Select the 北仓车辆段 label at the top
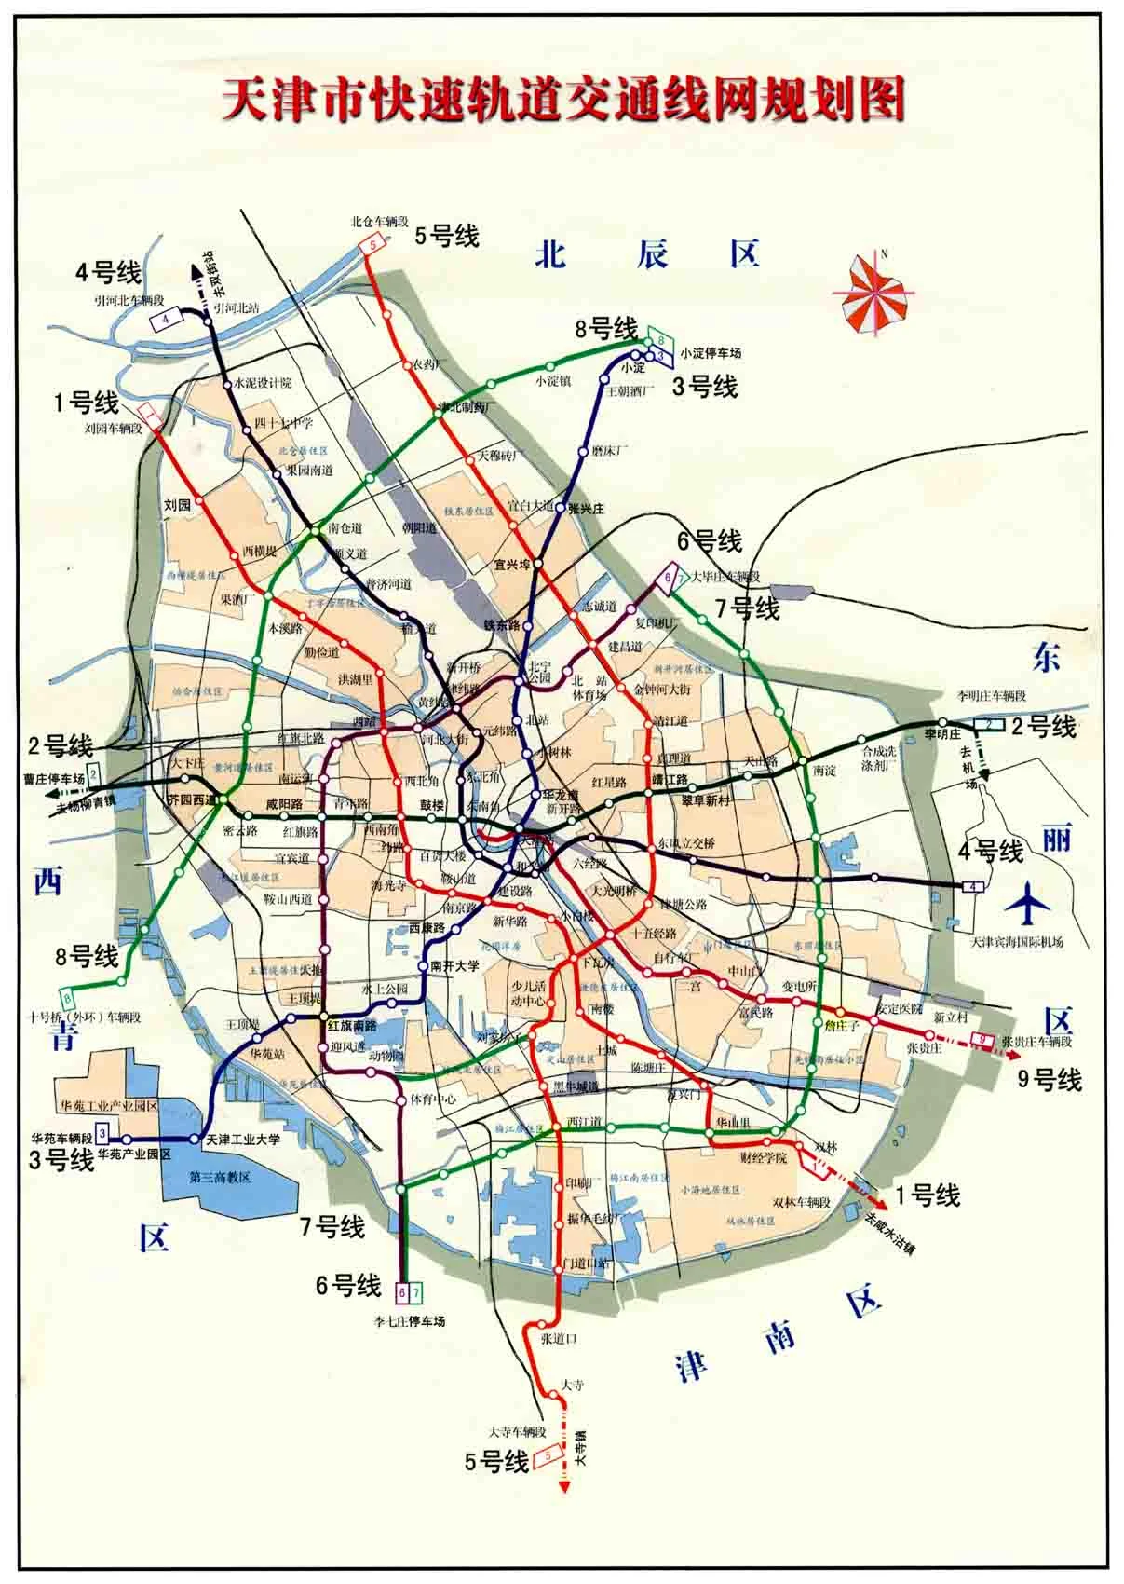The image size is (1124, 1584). click(x=379, y=222)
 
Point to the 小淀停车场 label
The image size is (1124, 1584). click(x=711, y=353)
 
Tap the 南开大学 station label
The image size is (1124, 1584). click(x=454, y=966)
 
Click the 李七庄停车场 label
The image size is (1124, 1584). click(x=410, y=1321)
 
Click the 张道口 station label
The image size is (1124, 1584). click(x=560, y=1338)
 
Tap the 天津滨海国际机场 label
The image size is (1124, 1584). click(x=1016, y=941)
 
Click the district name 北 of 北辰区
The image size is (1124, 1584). click(x=551, y=253)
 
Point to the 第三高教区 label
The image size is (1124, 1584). click(x=220, y=1176)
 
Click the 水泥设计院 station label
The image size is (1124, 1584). click(x=263, y=383)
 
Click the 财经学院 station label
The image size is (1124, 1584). click(x=763, y=1158)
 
